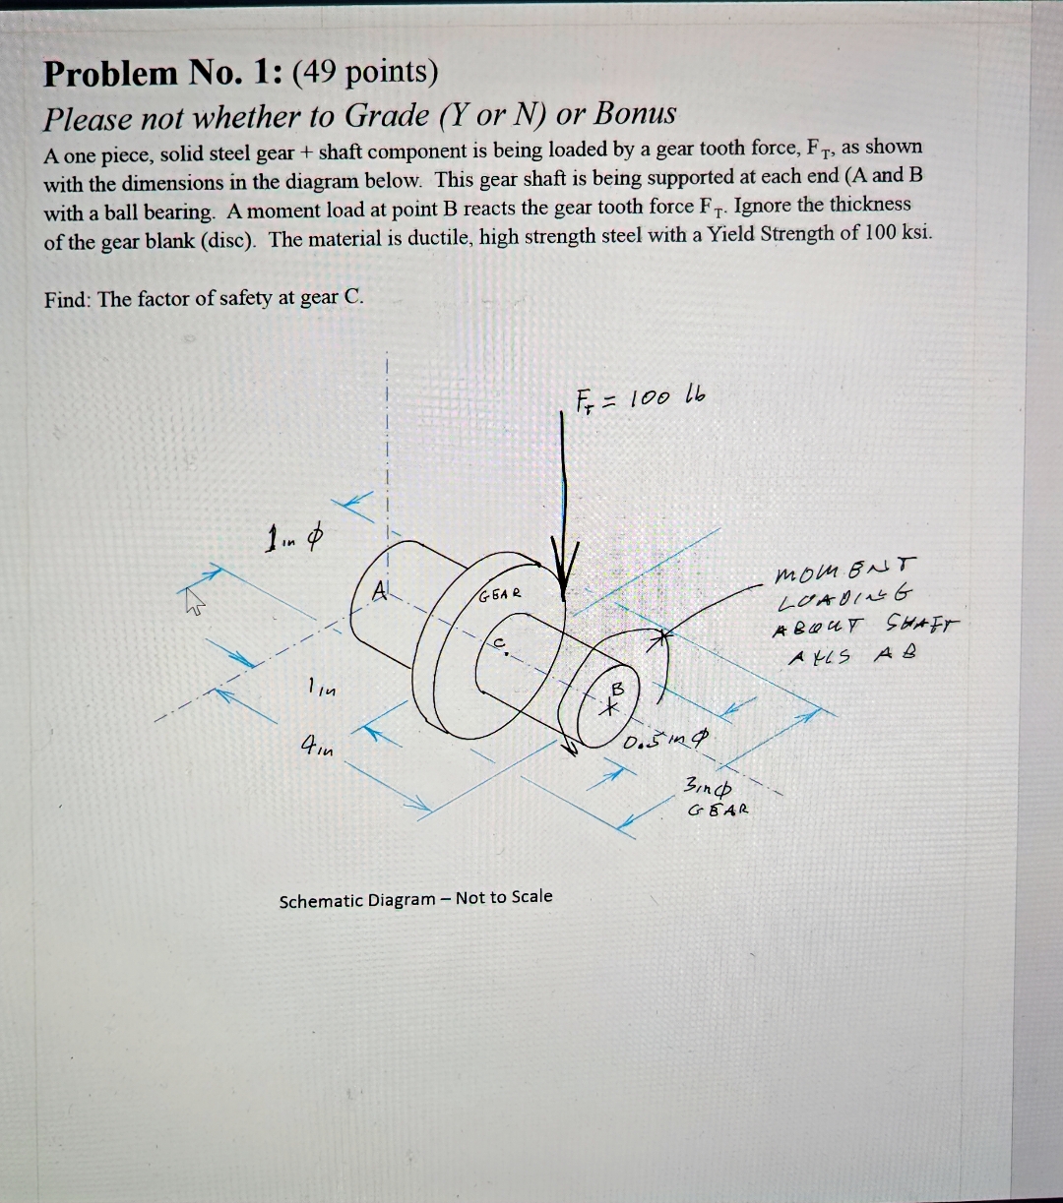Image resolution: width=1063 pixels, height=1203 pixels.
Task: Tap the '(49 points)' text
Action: pyautogui.click(x=366, y=72)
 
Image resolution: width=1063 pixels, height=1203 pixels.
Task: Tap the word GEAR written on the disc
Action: pyautogui.click(x=501, y=595)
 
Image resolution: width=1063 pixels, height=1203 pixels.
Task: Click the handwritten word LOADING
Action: pyautogui.click(x=845, y=596)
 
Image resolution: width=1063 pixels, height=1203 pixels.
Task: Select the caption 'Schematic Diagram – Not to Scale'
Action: pyautogui.click(x=415, y=899)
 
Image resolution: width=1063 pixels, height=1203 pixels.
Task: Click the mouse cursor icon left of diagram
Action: pyautogui.click(x=193, y=597)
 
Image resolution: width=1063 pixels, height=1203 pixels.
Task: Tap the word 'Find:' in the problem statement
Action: pyautogui.click(x=67, y=299)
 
